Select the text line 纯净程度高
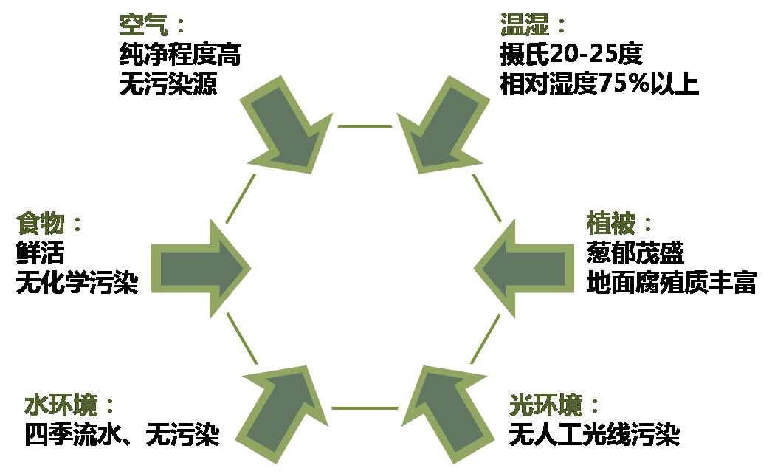click(x=179, y=55)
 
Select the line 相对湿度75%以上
click(x=599, y=83)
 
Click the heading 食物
click(x=41, y=224)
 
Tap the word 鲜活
click(x=41, y=253)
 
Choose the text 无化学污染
click(x=77, y=283)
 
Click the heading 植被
click(x=610, y=224)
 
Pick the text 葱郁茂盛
click(x=635, y=253)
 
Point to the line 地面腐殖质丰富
click(x=671, y=283)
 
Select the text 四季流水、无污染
click(x=122, y=434)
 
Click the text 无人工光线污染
click(x=593, y=435)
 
